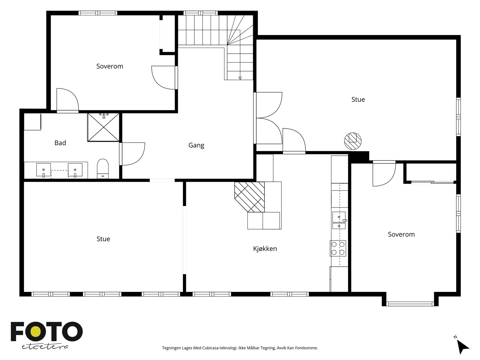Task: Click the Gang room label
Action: (196, 145)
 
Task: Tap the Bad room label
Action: (60, 143)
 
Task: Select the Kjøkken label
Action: (265, 249)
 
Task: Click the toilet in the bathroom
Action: (103, 169)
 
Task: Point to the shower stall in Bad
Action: (103, 127)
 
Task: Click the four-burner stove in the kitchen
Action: (338, 248)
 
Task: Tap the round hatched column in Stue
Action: (352, 141)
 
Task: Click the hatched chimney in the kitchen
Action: (250, 197)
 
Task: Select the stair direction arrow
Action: (240, 78)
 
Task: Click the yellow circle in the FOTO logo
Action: (35, 332)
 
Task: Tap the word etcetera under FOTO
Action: (45, 347)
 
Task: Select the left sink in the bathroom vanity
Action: (43, 170)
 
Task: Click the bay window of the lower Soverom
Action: (410, 304)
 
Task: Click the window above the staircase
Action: (200, 13)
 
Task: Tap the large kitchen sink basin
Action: (339, 217)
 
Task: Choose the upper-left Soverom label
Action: (110, 66)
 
